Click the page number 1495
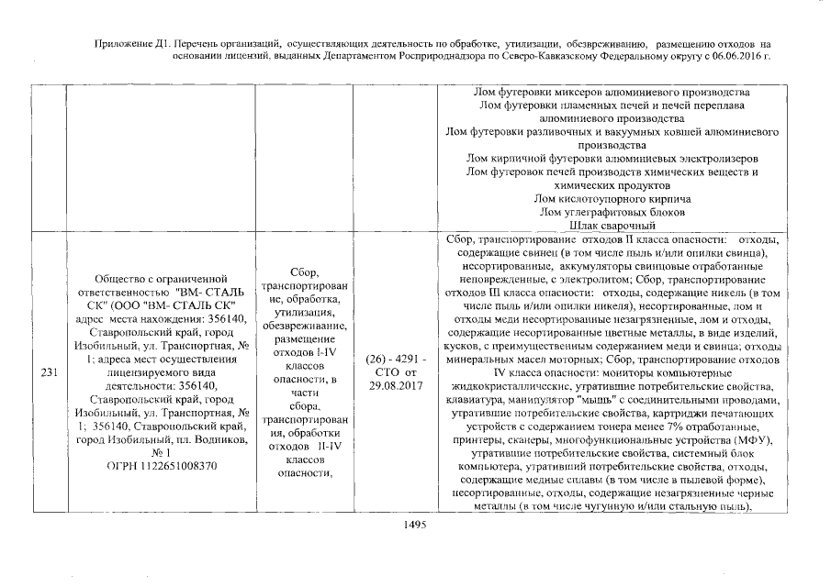click(x=416, y=526)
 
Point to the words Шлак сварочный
click(x=612, y=225)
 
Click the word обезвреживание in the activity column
click(x=302, y=326)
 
